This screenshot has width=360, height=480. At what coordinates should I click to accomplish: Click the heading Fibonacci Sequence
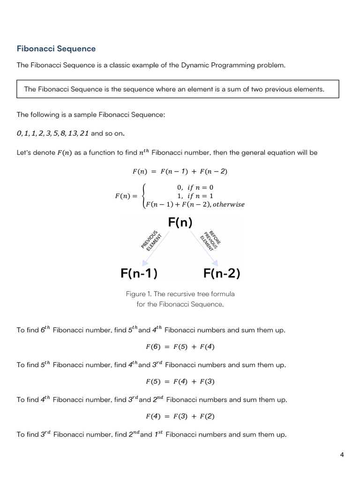pos(56,49)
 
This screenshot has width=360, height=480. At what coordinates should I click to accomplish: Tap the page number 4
pos(342,455)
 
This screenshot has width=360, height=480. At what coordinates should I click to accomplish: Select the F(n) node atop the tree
pos(180,222)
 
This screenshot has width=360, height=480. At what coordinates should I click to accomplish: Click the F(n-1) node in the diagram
pos(139,273)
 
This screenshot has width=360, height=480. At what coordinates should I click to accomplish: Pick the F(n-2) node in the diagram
pos(222,273)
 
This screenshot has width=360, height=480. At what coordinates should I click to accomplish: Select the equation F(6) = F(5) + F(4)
pos(180,347)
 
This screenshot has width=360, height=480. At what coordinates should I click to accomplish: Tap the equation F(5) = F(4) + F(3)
pos(180,382)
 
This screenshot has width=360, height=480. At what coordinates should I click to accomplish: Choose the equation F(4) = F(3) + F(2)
pos(180,416)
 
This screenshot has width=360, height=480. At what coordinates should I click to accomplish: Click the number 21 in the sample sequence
pos(84,134)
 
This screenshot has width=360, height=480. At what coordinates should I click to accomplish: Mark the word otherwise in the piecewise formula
pos(228,205)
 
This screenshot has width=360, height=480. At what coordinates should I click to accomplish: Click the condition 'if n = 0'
pos(201,187)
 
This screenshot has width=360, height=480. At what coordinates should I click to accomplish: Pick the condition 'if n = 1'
pos(200,196)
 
